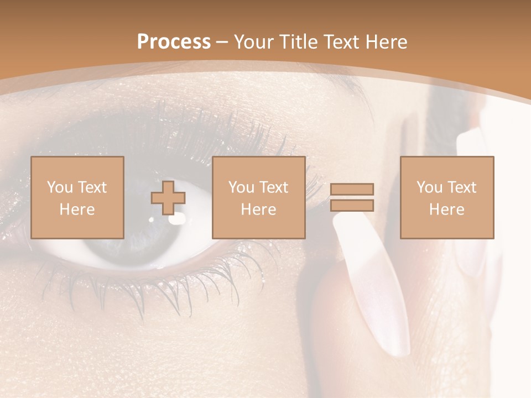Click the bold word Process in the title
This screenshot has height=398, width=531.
(x=174, y=42)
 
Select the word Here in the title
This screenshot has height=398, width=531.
(x=384, y=42)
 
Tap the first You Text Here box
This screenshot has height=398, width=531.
(x=77, y=197)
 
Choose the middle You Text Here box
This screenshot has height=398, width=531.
(x=258, y=197)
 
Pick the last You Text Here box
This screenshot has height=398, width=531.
(x=446, y=197)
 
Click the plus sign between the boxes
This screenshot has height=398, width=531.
(x=168, y=198)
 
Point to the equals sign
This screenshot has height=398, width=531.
(x=352, y=197)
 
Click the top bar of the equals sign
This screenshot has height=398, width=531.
(x=352, y=190)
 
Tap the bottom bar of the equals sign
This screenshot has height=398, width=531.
(x=352, y=206)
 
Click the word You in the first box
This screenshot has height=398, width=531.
(x=59, y=187)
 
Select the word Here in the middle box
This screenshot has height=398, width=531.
(x=258, y=210)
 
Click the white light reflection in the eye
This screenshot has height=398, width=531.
(x=177, y=219)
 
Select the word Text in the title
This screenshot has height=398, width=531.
(x=339, y=42)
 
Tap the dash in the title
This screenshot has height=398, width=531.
(x=222, y=42)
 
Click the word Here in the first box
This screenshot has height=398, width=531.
(x=77, y=210)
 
